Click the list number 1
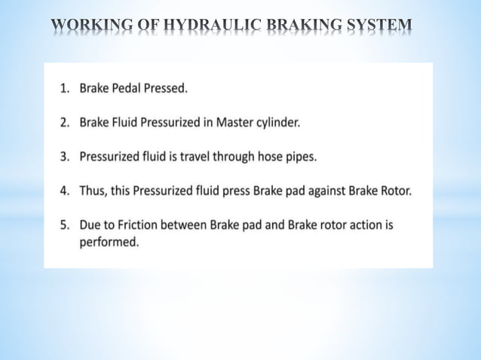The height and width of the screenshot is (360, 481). click(65, 88)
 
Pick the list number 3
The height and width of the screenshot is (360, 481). click(65, 157)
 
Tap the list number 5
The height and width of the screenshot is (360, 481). click(65, 224)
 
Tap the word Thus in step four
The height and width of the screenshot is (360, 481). click(93, 191)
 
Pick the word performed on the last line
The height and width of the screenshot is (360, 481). click(109, 242)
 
